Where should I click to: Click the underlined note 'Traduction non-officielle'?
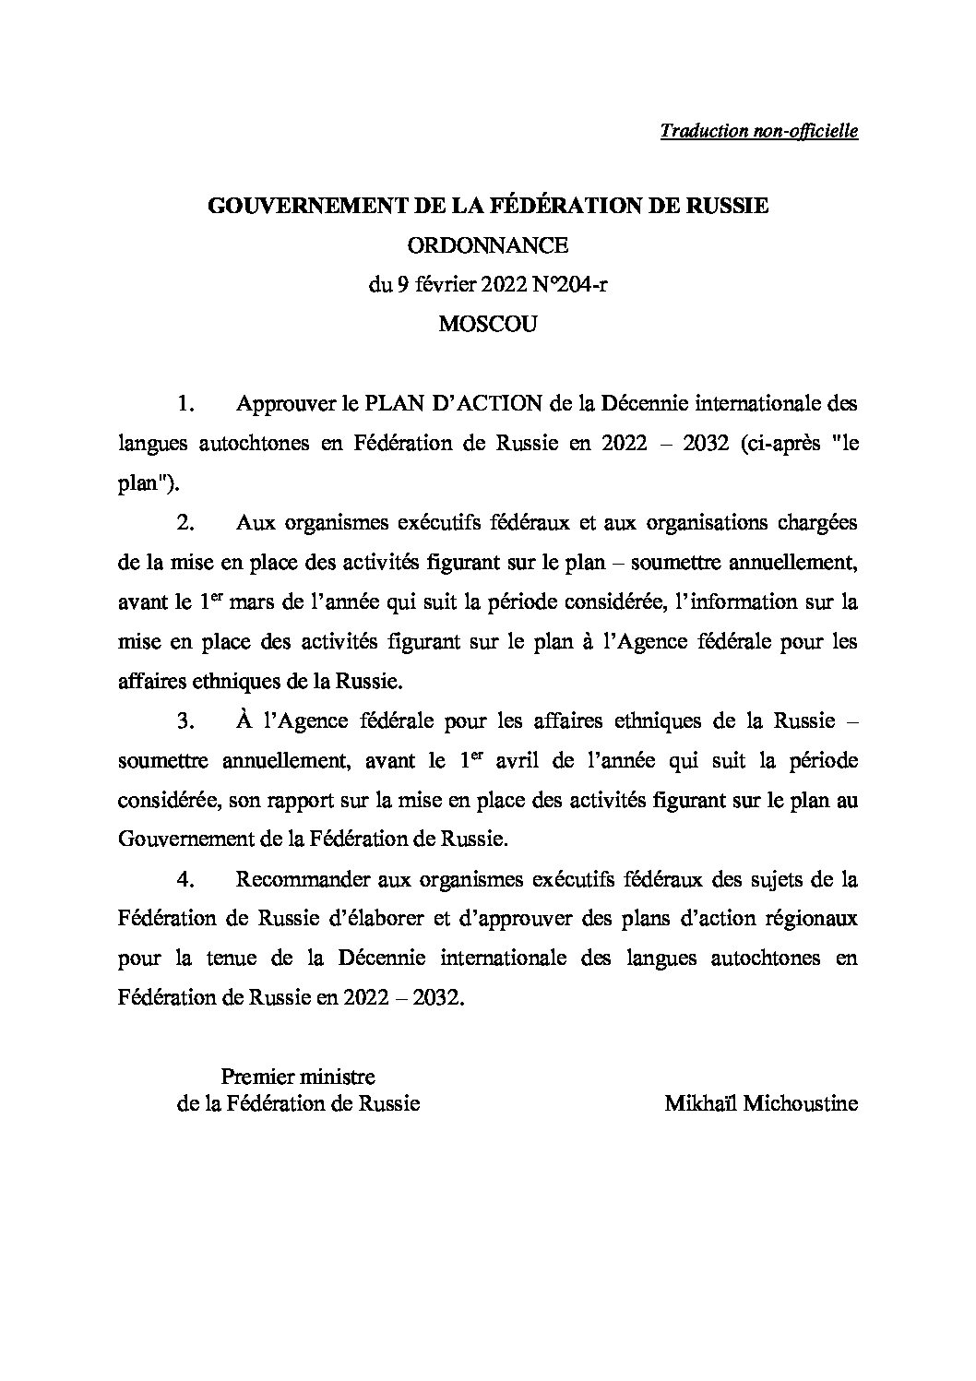[759, 131]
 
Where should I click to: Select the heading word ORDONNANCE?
[488, 245]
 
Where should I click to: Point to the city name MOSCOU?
[488, 325]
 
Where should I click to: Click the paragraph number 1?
[185, 404]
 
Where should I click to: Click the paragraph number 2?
[185, 523]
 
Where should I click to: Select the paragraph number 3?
[185, 721]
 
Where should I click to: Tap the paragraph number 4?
[185, 880]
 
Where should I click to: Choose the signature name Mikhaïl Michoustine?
[761, 1103]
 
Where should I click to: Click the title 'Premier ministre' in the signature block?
[298, 1076]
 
